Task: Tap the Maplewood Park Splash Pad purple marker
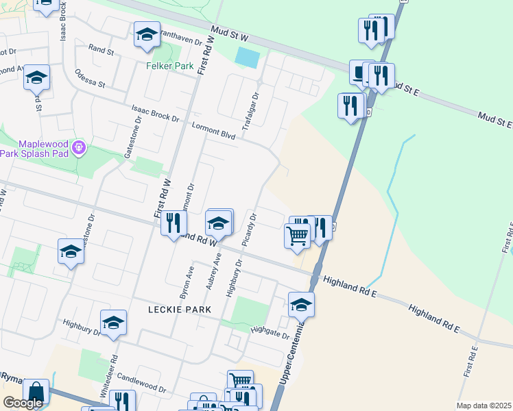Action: click(x=79, y=147)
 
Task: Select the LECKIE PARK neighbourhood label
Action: click(x=180, y=310)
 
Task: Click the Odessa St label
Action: click(x=90, y=79)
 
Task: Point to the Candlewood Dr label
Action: click(x=142, y=382)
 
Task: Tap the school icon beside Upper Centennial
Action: click(x=301, y=304)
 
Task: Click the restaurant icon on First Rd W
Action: click(x=174, y=222)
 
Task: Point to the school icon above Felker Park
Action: click(x=146, y=35)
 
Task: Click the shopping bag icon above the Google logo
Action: click(x=36, y=392)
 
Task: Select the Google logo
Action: click(x=23, y=403)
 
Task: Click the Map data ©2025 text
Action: click(x=483, y=406)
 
